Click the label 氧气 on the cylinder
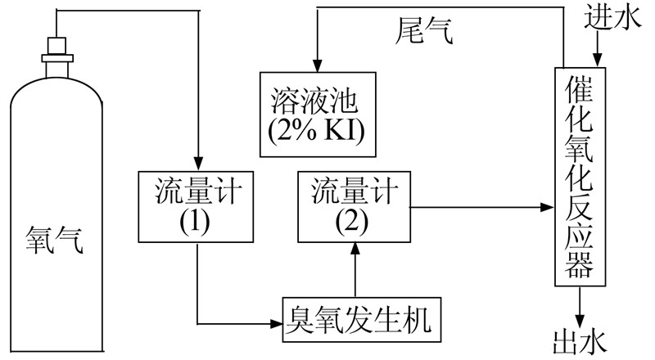(x=53, y=243)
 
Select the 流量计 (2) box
(x=353, y=207)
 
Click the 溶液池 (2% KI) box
(x=316, y=114)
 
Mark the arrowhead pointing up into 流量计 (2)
(x=354, y=249)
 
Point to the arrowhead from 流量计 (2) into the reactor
(x=548, y=208)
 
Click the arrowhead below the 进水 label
(x=598, y=59)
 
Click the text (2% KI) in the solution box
(x=316, y=129)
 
